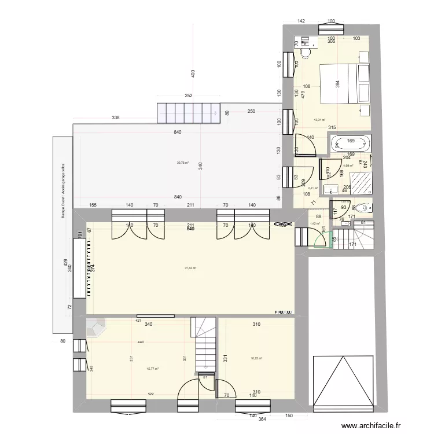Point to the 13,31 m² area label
[319, 120]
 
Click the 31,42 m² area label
[190, 268]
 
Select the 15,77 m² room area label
[153, 368]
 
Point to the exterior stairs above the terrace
[189, 112]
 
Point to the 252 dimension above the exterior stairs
[188, 96]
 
